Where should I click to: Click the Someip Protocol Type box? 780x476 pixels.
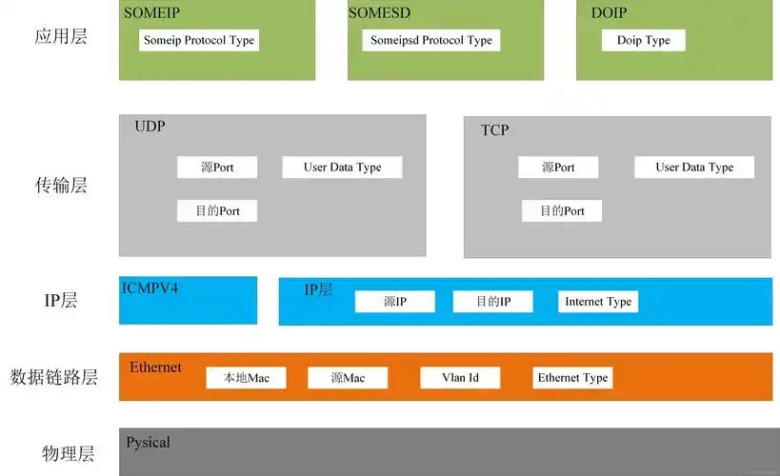pyautogui.click(x=199, y=40)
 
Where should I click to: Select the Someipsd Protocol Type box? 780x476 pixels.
pyautogui.click(x=431, y=40)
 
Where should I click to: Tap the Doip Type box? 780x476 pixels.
pyautogui.click(x=644, y=40)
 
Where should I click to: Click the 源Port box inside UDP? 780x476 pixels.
pyautogui.click(x=217, y=168)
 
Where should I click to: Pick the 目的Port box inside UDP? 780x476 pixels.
pyautogui.click(x=217, y=211)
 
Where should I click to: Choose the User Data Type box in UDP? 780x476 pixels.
pyautogui.click(x=342, y=168)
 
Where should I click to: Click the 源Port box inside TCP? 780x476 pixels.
pyautogui.click(x=558, y=168)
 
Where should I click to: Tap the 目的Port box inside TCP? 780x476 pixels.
pyautogui.click(x=562, y=211)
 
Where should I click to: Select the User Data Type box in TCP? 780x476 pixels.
pyautogui.click(x=694, y=168)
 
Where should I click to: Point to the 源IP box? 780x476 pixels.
pyautogui.click(x=395, y=302)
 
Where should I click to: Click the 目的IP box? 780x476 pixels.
pyautogui.click(x=493, y=302)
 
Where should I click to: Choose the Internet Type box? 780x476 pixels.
pyautogui.click(x=598, y=302)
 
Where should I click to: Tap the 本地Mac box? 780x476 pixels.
pyautogui.click(x=247, y=378)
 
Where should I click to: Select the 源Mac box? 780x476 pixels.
pyautogui.click(x=348, y=378)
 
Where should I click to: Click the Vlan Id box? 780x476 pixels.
pyautogui.click(x=460, y=378)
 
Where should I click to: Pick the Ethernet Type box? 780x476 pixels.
pyautogui.click(x=572, y=378)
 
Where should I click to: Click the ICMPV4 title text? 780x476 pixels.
pyautogui.click(x=150, y=288)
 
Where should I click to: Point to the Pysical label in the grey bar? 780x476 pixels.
pyautogui.click(x=149, y=443)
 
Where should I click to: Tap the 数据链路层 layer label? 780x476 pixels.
pyautogui.click(x=53, y=377)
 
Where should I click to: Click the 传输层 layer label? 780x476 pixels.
pyautogui.click(x=61, y=185)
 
